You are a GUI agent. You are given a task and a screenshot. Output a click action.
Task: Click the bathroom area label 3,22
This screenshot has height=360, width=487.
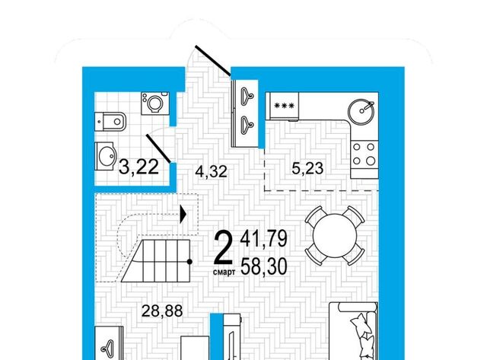(x=138, y=167)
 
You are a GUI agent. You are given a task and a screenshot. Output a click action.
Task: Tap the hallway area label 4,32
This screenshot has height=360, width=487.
(x=212, y=171)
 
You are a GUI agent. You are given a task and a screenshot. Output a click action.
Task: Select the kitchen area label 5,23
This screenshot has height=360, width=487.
(x=307, y=168)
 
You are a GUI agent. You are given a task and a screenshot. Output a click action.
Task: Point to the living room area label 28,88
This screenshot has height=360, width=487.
(x=162, y=311)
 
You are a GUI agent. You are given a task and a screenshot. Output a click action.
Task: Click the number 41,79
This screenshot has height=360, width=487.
(x=264, y=238)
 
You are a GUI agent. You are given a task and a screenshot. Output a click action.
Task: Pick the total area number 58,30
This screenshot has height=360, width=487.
(x=264, y=267)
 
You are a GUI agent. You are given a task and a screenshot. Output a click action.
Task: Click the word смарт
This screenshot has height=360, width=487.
(x=224, y=272)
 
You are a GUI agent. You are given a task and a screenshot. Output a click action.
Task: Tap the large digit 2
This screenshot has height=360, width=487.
(x=223, y=247)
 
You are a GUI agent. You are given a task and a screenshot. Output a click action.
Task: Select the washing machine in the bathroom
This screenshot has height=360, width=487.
(x=155, y=104)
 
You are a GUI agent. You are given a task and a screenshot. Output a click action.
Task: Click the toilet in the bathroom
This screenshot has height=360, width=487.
(x=110, y=122)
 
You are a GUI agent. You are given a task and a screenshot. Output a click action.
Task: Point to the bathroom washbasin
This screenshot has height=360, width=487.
(x=106, y=156)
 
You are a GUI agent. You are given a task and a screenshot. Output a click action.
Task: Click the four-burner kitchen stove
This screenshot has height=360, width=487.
(x=364, y=154)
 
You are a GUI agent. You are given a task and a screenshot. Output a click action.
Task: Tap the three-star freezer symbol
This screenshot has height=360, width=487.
(x=284, y=106)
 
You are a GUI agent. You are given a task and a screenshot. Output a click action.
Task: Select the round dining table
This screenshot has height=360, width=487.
(x=334, y=235)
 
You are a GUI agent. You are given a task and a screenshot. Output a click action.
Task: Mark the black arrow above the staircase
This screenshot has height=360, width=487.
(x=183, y=215)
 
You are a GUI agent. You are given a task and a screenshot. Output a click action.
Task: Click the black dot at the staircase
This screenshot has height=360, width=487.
(x=189, y=262)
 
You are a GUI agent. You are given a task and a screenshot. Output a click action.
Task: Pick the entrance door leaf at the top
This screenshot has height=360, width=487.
(x=213, y=61)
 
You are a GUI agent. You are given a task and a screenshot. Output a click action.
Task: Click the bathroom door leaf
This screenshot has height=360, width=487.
(x=158, y=148)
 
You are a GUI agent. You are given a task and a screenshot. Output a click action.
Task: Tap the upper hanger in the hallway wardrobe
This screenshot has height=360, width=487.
(x=247, y=94)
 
